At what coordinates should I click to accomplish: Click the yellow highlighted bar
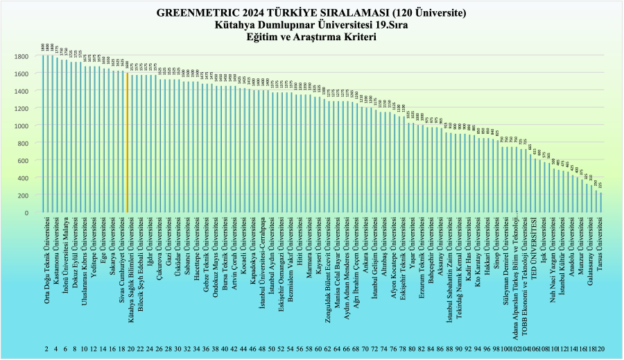tap(128, 142)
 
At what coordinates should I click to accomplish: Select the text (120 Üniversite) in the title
tap(422, 12)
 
